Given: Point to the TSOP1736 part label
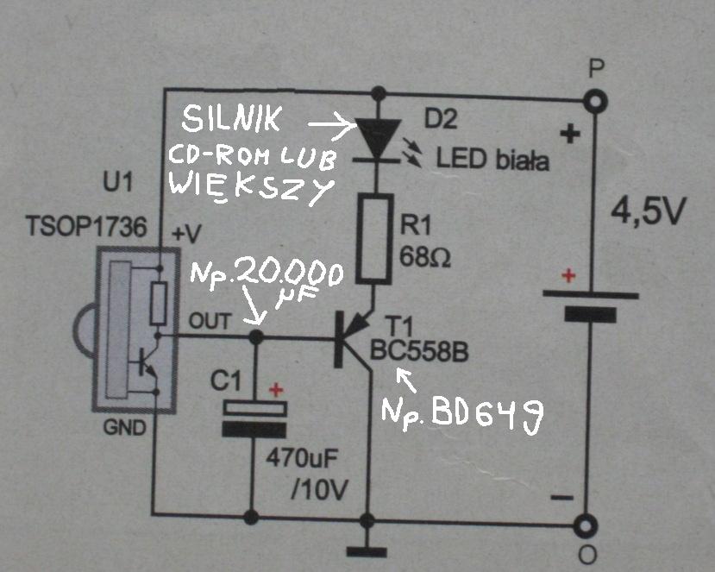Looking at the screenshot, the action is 86,226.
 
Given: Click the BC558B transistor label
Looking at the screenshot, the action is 419,351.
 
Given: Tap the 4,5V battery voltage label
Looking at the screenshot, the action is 648,211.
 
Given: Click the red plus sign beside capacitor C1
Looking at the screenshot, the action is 276,390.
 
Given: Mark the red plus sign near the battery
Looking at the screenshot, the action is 568,275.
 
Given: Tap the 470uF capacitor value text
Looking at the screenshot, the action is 302,457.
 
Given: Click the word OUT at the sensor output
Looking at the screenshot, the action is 210,321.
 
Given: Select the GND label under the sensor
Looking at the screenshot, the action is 124,427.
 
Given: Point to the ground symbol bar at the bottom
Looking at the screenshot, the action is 367,552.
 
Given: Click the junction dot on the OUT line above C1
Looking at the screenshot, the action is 256,337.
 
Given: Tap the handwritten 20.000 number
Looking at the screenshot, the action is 290,274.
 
